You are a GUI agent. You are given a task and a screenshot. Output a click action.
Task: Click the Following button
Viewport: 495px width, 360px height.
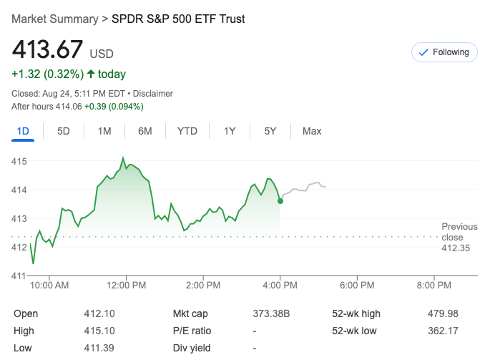point(444,52)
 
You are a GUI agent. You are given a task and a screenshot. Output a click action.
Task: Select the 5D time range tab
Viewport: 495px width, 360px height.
point(64,131)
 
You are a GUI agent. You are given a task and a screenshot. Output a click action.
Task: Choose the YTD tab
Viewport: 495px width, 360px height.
point(187,131)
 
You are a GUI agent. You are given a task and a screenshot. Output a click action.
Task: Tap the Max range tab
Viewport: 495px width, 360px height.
point(312,131)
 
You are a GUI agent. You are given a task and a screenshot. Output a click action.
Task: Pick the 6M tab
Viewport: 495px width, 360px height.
point(145,131)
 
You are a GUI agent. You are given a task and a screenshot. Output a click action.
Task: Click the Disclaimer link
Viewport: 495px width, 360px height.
point(154,94)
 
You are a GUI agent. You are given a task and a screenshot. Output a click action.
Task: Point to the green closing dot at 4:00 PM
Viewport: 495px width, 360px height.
point(280,201)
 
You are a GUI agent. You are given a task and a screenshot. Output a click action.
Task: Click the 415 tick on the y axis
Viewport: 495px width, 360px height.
point(19,162)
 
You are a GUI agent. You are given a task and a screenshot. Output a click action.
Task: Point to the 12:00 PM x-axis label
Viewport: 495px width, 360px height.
point(127,285)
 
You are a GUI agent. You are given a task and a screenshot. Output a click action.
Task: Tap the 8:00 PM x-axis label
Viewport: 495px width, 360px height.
point(434,285)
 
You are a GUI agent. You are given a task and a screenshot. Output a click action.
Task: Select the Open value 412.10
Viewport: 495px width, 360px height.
point(99,313)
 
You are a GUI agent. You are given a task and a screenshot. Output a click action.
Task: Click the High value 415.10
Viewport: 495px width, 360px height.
point(99,331)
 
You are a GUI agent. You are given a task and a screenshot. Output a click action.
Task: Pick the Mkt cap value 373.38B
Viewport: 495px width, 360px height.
point(270,313)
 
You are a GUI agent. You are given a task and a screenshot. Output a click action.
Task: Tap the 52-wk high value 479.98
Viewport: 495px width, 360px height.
point(443,313)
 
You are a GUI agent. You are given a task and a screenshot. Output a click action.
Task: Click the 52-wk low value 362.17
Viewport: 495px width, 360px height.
point(443,331)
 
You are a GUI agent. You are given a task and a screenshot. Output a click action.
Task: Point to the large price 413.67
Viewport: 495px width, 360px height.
point(46,49)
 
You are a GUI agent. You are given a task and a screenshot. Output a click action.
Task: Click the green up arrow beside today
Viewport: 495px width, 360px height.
point(90,74)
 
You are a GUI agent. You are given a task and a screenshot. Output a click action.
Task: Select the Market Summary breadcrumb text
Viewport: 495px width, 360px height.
point(54,19)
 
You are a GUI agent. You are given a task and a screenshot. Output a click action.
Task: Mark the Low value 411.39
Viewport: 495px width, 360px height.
point(99,348)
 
